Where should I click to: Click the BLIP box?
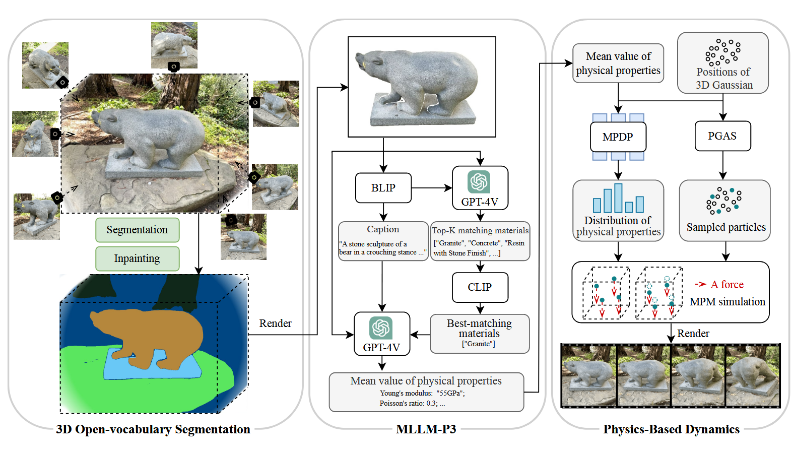coord(383,188)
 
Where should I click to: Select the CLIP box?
coord(480,287)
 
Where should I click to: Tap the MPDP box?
coord(618,137)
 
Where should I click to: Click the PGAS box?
coord(722,136)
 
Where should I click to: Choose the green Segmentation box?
coord(137,230)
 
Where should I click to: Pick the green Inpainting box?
coord(137,258)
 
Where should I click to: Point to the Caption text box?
coord(383,241)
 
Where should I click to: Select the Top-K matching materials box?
coord(480,241)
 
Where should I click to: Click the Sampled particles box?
coord(724,211)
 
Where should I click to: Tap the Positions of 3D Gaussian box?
coord(723,63)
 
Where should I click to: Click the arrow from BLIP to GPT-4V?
coord(431,188)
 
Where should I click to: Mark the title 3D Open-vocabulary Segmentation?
coord(153,429)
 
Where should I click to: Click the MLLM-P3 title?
coord(426,429)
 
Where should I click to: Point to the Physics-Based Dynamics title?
coord(671,429)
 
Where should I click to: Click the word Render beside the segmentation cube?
coord(275,323)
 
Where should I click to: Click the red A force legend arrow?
coord(700,284)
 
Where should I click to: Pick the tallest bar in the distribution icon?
coord(618,198)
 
